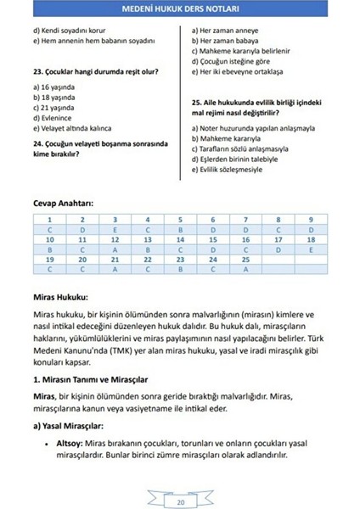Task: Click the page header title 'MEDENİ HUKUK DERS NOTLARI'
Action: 179,12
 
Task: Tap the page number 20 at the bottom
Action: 179,501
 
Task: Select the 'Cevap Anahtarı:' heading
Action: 63,204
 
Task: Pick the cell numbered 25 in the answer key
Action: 245,260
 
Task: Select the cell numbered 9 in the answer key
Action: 311,220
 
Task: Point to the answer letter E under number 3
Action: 115,230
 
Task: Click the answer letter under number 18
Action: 311,250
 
